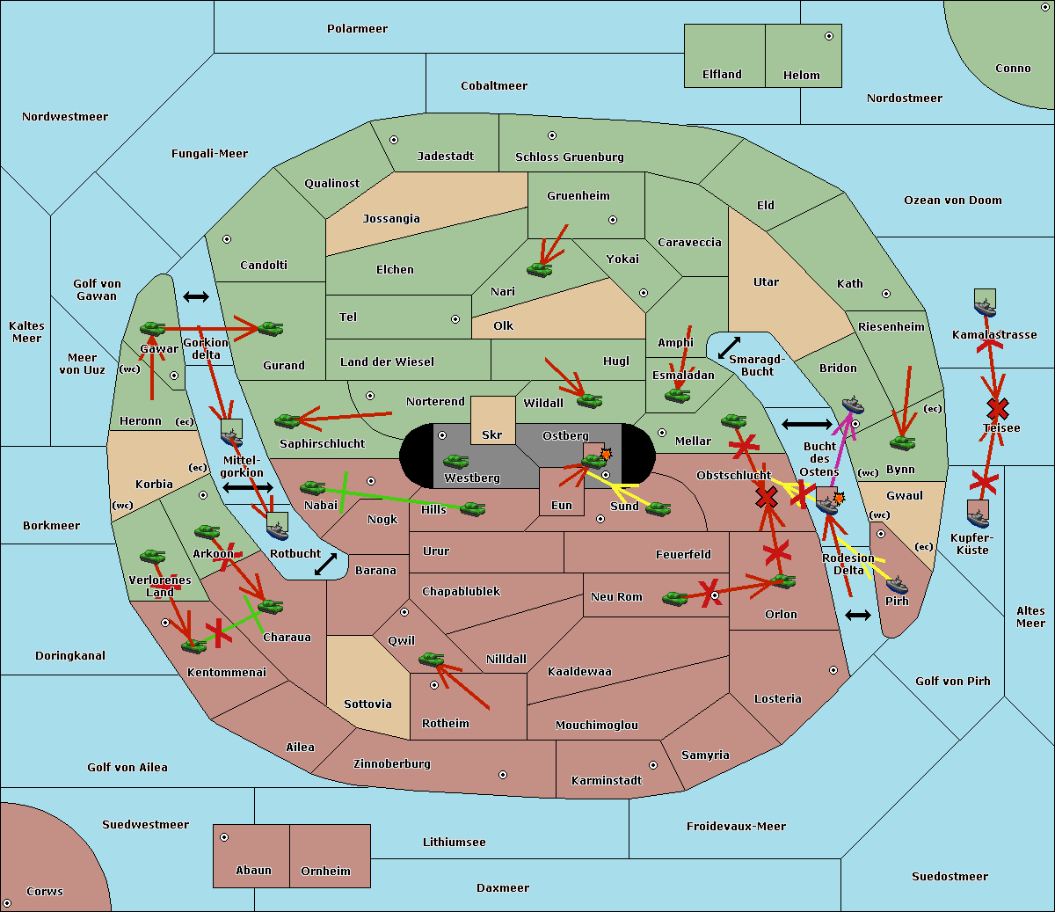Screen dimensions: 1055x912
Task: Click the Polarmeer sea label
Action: pyautogui.click(x=357, y=29)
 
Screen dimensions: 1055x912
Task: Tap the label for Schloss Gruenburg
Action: pyautogui.click(x=569, y=157)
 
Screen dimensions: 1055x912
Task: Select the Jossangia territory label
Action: pyautogui.click(x=391, y=219)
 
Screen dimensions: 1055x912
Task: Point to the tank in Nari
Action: pyautogui.click(x=540, y=269)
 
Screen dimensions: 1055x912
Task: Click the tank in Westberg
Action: pyautogui.click(x=455, y=461)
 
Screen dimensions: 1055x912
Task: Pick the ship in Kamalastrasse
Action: pyautogui.click(x=985, y=308)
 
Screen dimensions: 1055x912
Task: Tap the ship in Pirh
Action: pyautogui.click(x=897, y=584)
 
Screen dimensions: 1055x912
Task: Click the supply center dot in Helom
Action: pyautogui.click(x=829, y=36)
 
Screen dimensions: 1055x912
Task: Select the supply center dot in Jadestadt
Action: pyautogui.click(x=394, y=140)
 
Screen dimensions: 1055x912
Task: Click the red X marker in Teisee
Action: pyautogui.click(x=997, y=409)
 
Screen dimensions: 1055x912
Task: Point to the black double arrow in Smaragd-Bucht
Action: pyautogui.click(x=729, y=347)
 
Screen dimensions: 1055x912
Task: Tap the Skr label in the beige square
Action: pyautogui.click(x=491, y=434)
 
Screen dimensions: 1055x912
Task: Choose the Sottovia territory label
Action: pyautogui.click(x=367, y=704)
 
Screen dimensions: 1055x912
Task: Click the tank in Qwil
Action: pyautogui.click(x=432, y=659)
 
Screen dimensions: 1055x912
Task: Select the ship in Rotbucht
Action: pyautogui.click(x=277, y=530)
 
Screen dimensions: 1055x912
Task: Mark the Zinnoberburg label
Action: pyautogui.click(x=392, y=763)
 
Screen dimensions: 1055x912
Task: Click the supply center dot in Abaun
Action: pyautogui.click(x=223, y=837)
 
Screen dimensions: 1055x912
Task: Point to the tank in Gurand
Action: pyautogui.click(x=270, y=328)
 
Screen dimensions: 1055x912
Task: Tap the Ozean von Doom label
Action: pyautogui.click(x=952, y=201)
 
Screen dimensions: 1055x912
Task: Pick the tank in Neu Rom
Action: pyautogui.click(x=674, y=598)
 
